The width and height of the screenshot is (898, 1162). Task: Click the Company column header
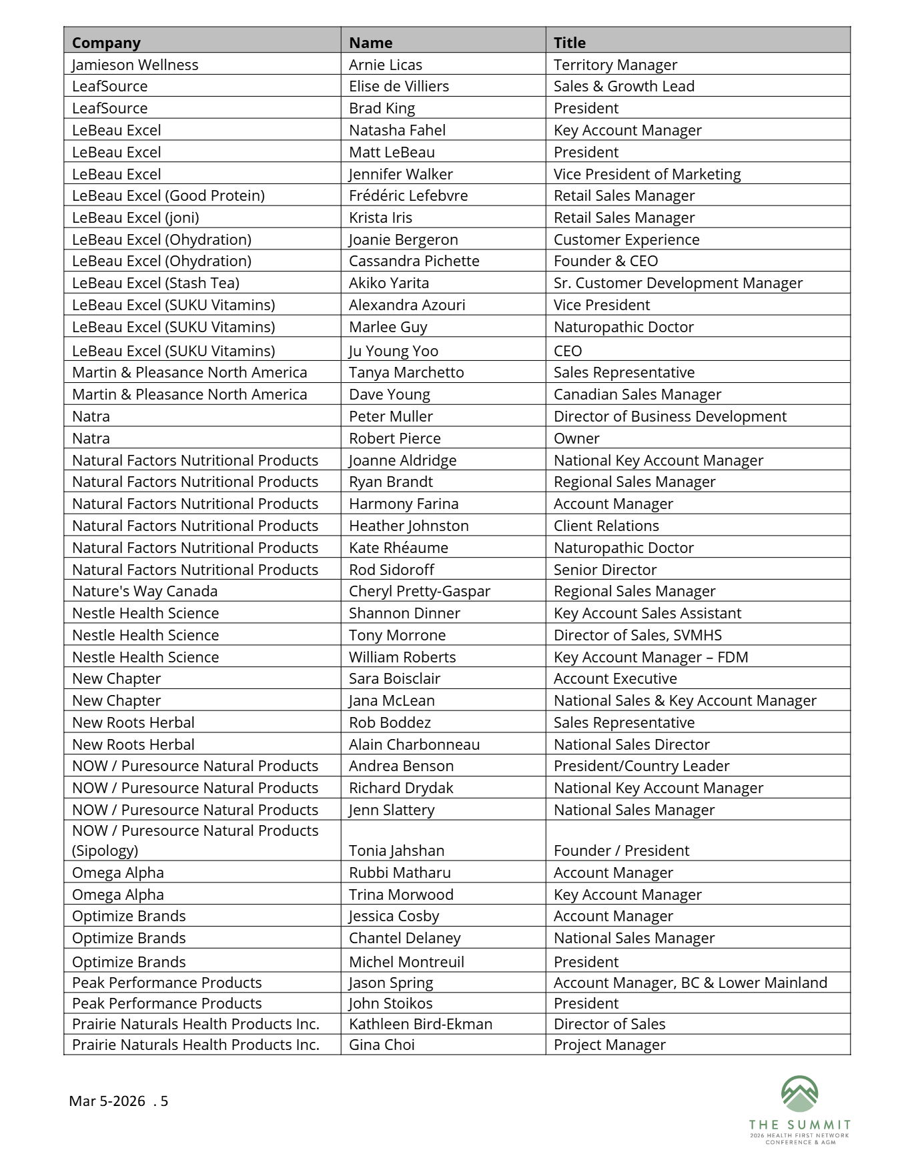106,43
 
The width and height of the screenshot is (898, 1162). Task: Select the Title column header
569,43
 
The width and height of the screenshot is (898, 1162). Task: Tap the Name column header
370,43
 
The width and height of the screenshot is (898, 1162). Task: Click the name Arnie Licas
385,65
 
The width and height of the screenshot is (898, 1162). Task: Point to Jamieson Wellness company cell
135,65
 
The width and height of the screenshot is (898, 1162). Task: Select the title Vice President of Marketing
646,174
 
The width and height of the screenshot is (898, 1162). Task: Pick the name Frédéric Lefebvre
408,195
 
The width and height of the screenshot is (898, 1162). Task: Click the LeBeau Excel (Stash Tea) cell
155,283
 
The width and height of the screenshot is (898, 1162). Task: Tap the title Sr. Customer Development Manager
677,283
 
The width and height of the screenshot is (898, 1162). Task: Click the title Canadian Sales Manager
636,394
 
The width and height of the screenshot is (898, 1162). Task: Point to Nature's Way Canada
144,591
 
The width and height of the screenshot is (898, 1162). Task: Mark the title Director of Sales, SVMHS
637,635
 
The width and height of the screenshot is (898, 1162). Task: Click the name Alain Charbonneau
414,744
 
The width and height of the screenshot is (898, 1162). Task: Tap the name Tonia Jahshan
396,850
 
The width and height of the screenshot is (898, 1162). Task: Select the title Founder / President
620,850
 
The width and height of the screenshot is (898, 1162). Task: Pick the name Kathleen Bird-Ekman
420,1024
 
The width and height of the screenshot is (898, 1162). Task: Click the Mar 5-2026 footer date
107,1101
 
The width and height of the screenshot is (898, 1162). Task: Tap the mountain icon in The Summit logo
799,1094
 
